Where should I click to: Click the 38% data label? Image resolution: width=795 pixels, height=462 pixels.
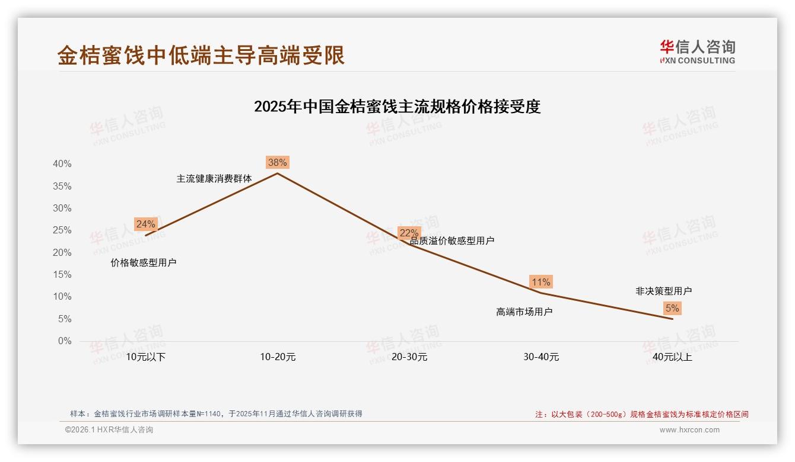point(277,162)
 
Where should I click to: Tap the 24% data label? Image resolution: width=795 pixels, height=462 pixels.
point(145,224)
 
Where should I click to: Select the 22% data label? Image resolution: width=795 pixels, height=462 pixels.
point(409,233)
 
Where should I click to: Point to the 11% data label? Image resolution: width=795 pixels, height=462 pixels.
point(541,282)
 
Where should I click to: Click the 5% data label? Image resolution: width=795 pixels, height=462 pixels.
point(672,308)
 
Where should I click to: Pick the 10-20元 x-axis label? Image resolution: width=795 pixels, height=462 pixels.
point(278,357)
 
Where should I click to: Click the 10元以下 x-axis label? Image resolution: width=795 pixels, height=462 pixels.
point(146,357)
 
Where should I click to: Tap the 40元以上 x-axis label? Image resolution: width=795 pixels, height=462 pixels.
point(672,357)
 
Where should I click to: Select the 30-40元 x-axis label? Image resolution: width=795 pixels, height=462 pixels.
point(541,357)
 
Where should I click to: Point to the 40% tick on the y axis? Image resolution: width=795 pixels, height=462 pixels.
point(62,164)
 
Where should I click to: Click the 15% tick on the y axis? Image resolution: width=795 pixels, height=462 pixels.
point(62,275)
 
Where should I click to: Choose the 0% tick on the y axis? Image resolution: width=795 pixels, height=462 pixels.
point(64,341)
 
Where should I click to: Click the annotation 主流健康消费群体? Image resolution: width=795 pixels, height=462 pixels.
point(214,178)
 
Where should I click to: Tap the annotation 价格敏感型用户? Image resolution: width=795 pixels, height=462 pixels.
point(144,262)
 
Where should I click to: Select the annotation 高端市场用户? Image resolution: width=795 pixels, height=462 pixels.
point(524,312)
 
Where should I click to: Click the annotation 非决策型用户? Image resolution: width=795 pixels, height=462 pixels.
point(663,291)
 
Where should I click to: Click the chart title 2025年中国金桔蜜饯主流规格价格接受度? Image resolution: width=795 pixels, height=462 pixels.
point(397,107)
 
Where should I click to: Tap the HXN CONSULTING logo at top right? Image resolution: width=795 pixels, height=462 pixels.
point(697,52)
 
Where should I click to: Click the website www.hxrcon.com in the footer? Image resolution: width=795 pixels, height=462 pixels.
point(689,430)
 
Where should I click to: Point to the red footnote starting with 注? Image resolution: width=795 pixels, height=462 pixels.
point(641,414)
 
